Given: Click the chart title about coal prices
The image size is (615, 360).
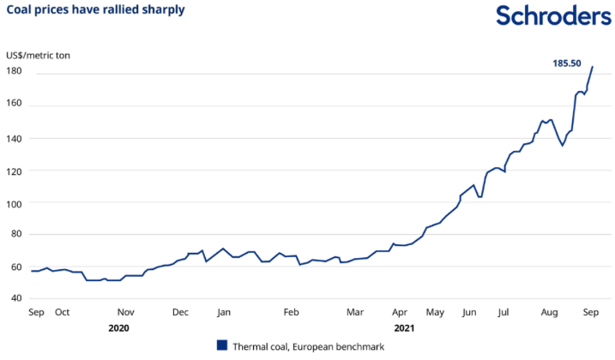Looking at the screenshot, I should (x=95, y=10).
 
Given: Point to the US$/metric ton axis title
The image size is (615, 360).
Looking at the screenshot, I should (x=39, y=55).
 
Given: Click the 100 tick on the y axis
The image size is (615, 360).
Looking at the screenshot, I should (x=15, y=202).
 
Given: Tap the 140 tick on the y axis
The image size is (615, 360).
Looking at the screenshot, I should (x=15, y=137).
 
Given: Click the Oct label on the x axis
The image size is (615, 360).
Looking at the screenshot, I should (x=62, y=312).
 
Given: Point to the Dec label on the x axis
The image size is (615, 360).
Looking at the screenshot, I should (x=180, y=312).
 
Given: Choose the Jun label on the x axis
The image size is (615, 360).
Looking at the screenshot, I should (x=468, y=312).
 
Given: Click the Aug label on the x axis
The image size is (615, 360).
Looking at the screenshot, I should (x=551, y=312).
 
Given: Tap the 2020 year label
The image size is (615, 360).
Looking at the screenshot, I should (x=119, y=327).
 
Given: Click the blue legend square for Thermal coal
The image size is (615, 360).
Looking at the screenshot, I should (x=221, y=345).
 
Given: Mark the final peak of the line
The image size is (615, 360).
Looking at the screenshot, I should (x=593, y=67).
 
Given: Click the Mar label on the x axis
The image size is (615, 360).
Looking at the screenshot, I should (x=356, y=312).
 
